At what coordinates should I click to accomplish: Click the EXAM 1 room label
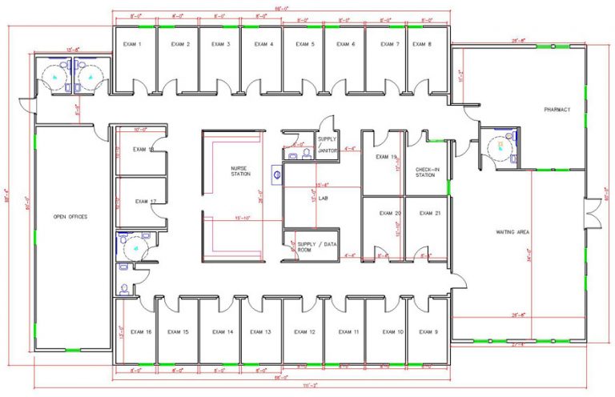134,44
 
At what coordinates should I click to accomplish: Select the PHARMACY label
557,110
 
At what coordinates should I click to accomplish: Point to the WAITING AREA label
513,232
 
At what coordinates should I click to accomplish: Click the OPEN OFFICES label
70,217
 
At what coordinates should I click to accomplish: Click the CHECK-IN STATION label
425,172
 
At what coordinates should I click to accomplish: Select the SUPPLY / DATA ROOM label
313,247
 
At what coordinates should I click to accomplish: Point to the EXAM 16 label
142,331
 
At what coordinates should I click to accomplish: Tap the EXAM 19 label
388,157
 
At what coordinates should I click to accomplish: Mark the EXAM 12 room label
304,331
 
